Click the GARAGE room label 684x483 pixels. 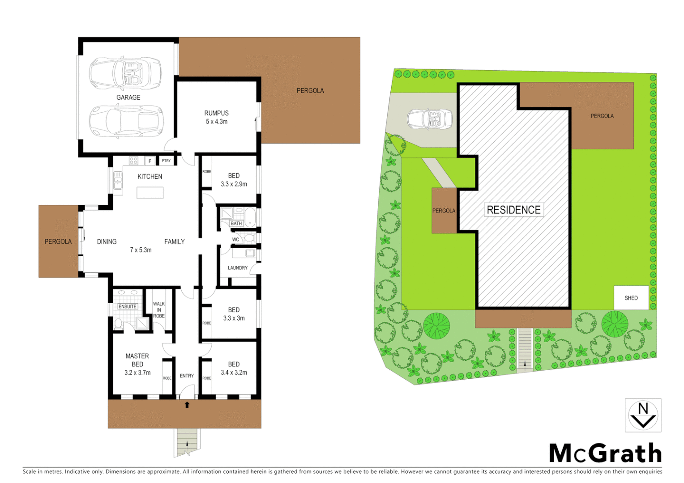coord(128,97)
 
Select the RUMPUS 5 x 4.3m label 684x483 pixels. coord(217,117)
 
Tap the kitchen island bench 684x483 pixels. coord(150,193)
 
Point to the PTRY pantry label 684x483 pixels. coord(166,161)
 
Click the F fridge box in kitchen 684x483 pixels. coord(150,161)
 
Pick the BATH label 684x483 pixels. coord(236,223)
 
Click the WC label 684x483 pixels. coord(235,240)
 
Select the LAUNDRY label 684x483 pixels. coord(238,268)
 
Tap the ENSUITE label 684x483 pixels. coord(128,306)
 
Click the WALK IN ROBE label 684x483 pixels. coord(159,310)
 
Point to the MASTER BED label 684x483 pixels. coord(137,360)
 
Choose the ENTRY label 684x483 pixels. coord(187,376)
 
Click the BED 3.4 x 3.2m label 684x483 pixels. coord(234,369)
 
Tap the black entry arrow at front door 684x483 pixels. coord(187,405)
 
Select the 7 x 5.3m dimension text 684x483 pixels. coord(141,250)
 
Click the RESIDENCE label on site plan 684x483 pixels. coord(513,210)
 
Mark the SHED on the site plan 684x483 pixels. coord(631,298)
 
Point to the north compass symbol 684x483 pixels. coord(643,415)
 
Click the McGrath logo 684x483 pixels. coord(605,453)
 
